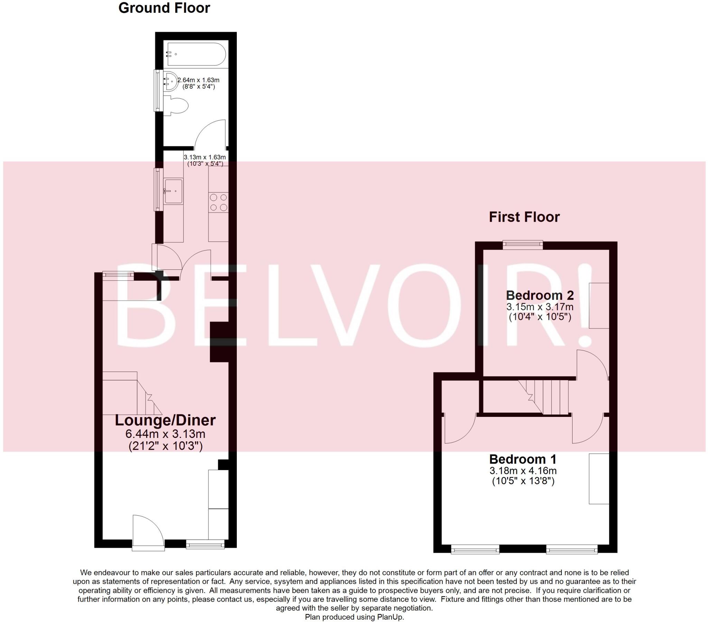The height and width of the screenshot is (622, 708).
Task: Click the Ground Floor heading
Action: [164, 8]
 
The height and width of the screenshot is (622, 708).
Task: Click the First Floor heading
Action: [524, 217]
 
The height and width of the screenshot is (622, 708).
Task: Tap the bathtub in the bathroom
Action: [196, 54]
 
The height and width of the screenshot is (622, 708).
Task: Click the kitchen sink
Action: [173, 191]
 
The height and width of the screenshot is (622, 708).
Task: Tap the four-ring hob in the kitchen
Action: [218, 202]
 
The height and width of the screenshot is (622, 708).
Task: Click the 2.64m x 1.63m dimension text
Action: [198, 80]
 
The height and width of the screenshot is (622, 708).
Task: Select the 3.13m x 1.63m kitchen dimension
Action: [205, 157]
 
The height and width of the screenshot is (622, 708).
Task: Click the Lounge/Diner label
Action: [165, 420]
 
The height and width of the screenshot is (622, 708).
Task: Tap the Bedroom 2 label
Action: [540, 295]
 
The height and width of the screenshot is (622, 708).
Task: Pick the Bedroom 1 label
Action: [523, 459]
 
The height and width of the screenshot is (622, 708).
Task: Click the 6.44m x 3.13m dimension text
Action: [165, 434]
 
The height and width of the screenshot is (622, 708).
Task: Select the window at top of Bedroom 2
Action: [523, 245]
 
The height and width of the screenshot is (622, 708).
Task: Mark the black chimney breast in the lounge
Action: [219, 342]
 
